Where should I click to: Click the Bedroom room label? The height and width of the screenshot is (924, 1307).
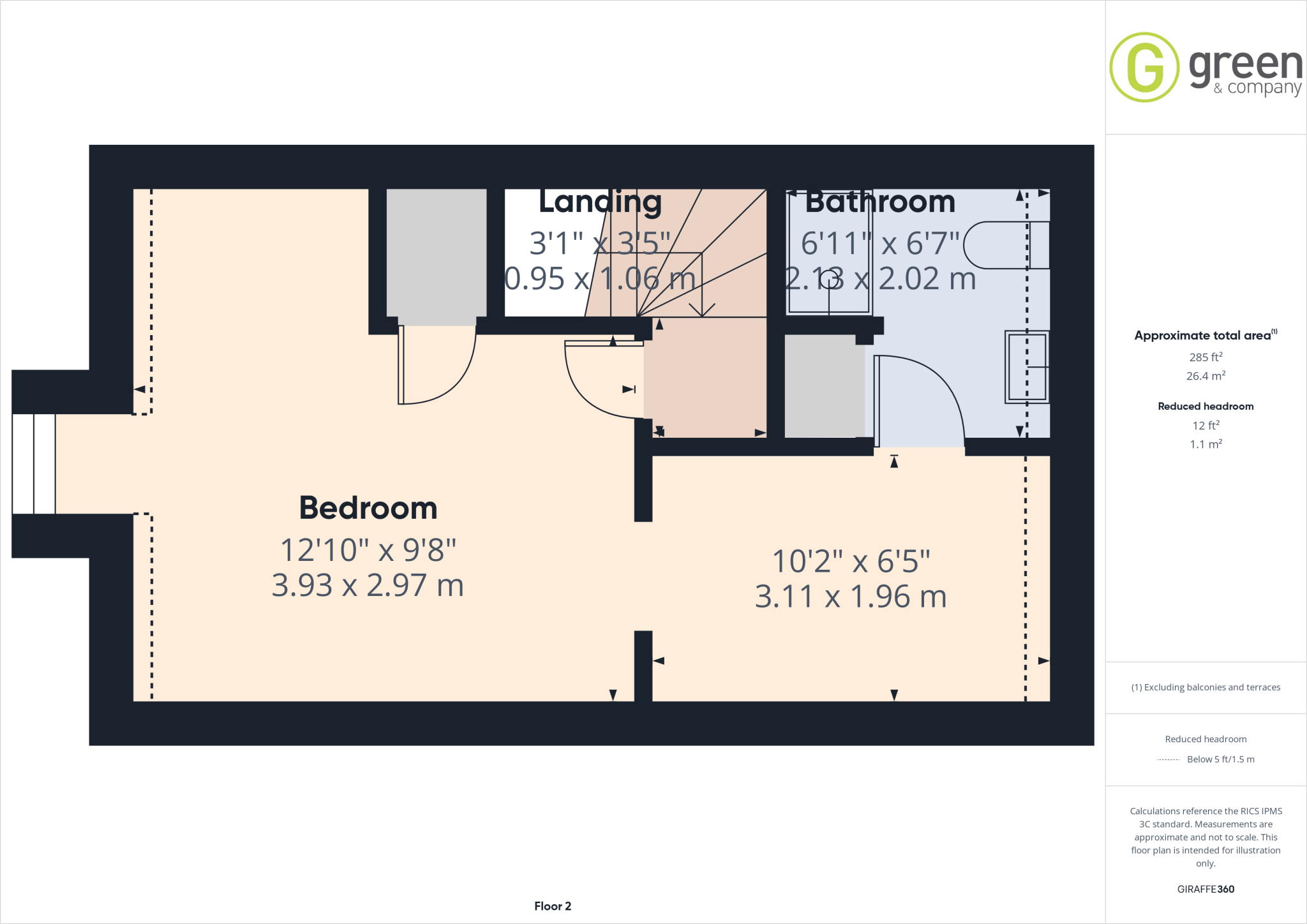pyautogui.click(x=368, y=509)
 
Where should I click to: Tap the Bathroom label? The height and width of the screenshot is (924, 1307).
pyautogui.click(x=880, y=202)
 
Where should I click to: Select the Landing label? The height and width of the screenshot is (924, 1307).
pyautogui.click(x=600, y=202)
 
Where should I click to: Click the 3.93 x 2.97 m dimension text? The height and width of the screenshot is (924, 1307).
pyautogui.click(x=368, y=585)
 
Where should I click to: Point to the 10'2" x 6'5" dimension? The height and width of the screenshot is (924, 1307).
pyautogui.click(x=851, y=562)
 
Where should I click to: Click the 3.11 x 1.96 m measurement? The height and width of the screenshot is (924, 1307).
pyautogui.click(x=851, y=597)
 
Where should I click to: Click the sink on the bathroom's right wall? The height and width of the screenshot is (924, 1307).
pyautogui.click(x=1026, y=367)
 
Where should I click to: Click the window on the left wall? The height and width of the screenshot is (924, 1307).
pyautogui.click(x=34, y=464)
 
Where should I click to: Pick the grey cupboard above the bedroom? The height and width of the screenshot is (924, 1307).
pyautogui.click(x=437, y=255)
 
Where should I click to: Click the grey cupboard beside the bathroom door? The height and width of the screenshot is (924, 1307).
pyautogui.click(x=824, y=386)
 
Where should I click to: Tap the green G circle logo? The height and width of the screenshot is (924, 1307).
pyautogui.click(x=1144, y=67)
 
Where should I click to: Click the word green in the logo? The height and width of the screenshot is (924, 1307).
pyautogui.click(x=1245, y=66)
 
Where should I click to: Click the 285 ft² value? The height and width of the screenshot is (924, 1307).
pyautogui.click(x=1206, y=357)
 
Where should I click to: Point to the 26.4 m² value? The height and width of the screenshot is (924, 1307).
pyautogui.click(x=1206, y=376)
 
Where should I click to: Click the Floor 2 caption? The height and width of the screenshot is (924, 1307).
pyautogui.click(x=553, y=906)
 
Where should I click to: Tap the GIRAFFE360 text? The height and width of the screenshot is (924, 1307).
pyautogui.click(x=1206, y=889)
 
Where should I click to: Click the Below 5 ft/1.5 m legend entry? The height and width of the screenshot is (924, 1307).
pyautogui.click(x=1220, y=759)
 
